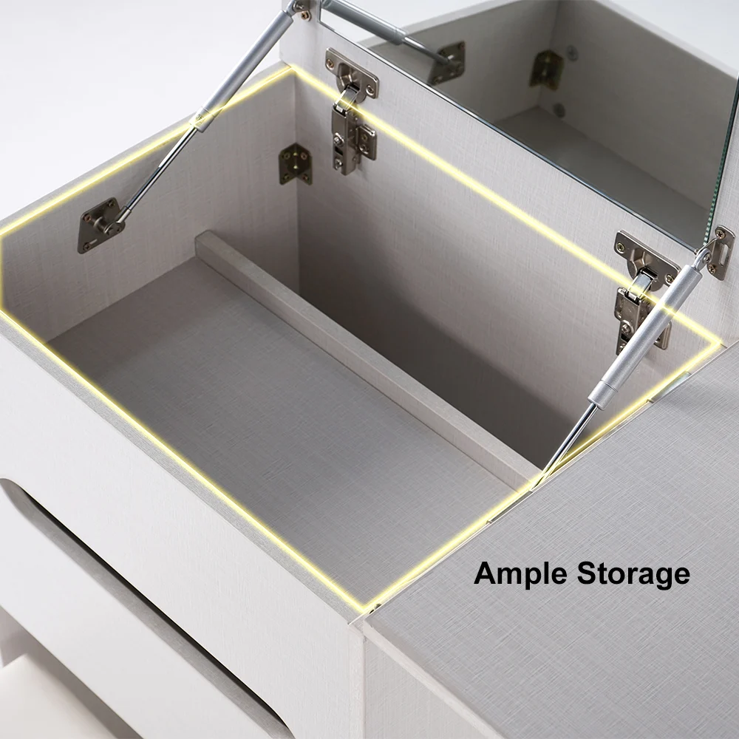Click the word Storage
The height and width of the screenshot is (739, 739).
tap(633, 575)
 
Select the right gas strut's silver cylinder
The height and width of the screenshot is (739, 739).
tap(644, 333)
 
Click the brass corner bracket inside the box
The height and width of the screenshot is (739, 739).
tap(295, 163)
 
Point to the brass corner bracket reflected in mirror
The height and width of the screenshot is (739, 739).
tap(547, 69)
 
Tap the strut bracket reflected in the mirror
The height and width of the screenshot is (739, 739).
tap(449, 62)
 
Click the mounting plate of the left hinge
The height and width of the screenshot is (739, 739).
tap(352, 73)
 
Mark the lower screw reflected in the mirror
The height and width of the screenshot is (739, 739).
tap(559, 110)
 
